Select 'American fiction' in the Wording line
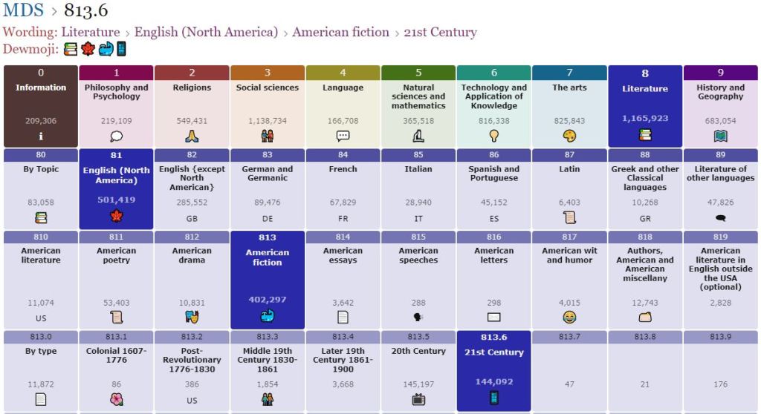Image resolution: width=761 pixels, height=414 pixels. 340,32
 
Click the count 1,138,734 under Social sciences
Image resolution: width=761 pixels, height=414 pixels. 268,120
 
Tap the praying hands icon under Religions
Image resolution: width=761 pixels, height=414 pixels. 192,136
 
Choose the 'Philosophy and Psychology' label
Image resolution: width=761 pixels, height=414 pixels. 116,92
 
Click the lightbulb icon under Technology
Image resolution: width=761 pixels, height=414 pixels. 493,136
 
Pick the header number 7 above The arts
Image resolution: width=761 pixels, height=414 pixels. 569,73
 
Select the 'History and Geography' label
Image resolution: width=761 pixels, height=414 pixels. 720,92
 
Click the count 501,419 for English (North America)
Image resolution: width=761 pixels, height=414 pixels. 116,200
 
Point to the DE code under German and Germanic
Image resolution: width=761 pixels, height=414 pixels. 268,219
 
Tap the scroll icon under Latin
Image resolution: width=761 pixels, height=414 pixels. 569,218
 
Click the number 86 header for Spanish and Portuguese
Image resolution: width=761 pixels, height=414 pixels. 493,154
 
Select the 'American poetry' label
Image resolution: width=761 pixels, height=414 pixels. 116,255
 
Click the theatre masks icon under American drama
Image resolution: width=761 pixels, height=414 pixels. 192,317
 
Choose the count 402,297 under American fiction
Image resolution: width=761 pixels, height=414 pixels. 268,299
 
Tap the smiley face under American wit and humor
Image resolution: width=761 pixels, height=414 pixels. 569,318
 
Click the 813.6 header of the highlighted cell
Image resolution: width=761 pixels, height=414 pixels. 493,337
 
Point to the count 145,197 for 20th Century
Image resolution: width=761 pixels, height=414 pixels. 418,384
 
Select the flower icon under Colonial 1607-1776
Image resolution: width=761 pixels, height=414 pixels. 116,400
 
